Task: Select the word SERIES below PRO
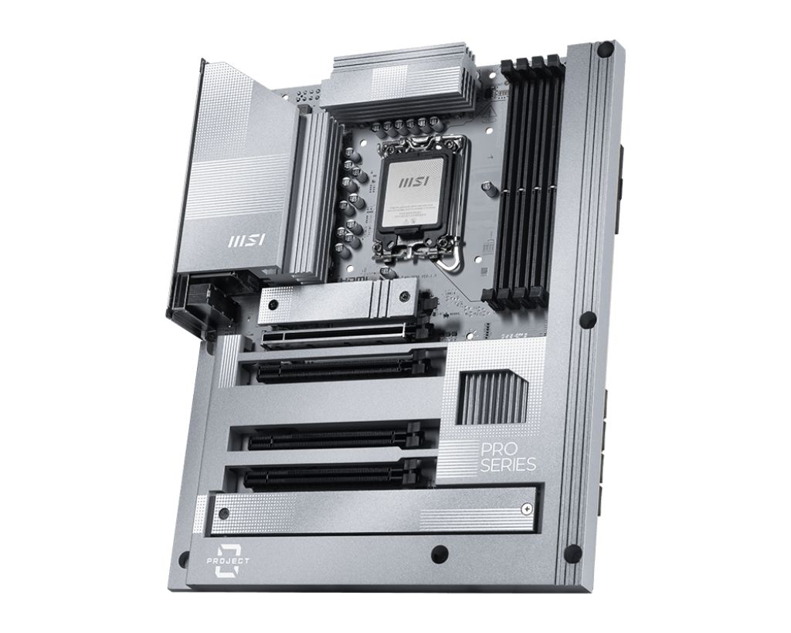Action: click(x=507, y=465)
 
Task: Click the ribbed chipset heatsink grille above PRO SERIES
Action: click(x=492, y=397)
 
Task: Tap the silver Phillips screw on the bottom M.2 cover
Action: click(x=525, y=509)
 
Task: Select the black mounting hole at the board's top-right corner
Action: click(x=606, y=51)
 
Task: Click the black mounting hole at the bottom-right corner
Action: click(x=572, y=553)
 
